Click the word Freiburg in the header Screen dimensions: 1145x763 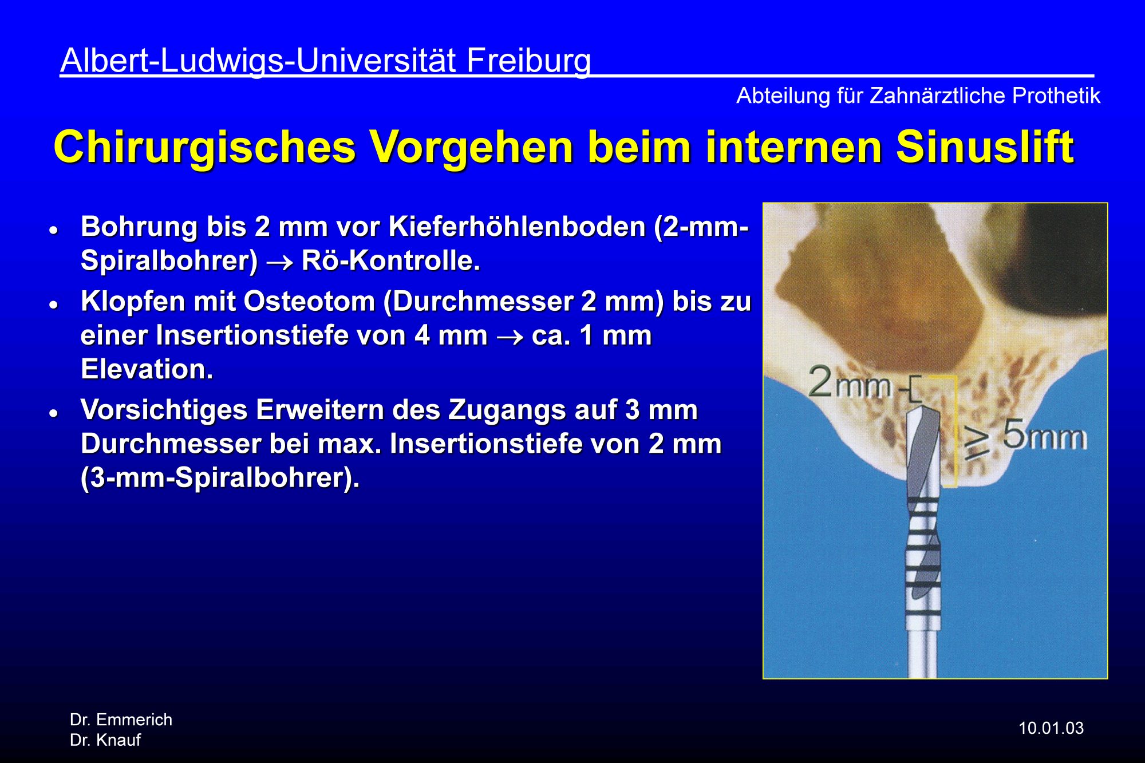click(x=528, y=61)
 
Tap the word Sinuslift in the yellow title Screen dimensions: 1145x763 click(x=985, y=147)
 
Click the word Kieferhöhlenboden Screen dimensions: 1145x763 click(x=518, y=227)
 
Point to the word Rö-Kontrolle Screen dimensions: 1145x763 click(x=391, y=260)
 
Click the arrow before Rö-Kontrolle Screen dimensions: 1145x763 click(x=280, y=263)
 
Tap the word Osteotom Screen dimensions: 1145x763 click(x=309, y=301)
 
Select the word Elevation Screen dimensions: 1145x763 click(x=147, y=369)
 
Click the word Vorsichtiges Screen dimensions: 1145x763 click(x=164, y=410)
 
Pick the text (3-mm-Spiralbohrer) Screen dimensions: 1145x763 click(x=220, y=478)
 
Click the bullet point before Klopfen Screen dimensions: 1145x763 click(x=54, y=305)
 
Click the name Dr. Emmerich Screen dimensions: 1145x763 click(x=121, y=719)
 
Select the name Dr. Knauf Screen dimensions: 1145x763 click(x=105, y=740)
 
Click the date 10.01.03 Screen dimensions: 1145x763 click(x=1051, y=728)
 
